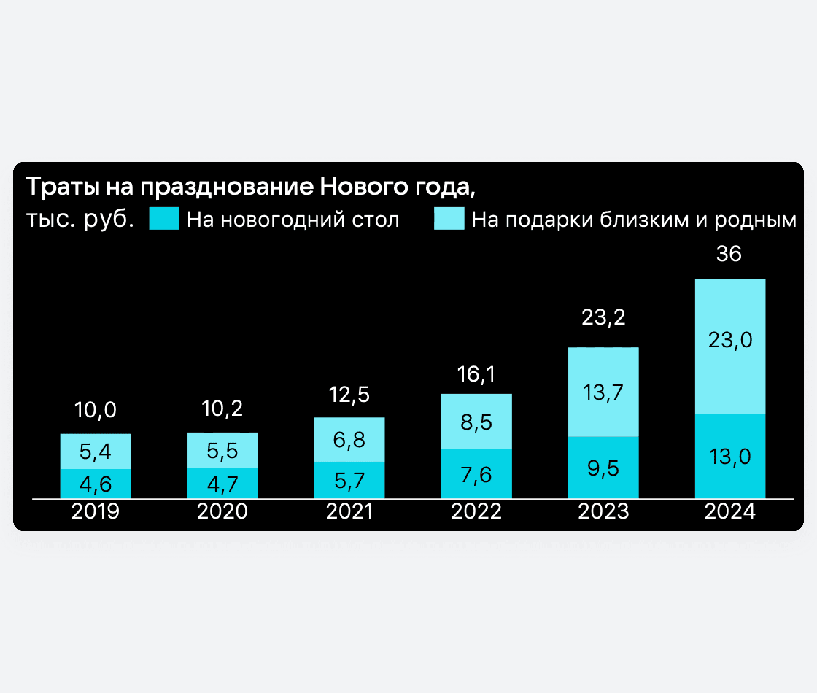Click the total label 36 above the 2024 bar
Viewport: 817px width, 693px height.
coord(729,254)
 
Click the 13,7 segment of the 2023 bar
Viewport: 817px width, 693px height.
coord(603,392)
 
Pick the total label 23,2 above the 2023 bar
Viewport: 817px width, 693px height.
coord(603,317)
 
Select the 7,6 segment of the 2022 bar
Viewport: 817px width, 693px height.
coord(476,474)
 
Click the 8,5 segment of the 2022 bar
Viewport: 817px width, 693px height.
coord(476,422)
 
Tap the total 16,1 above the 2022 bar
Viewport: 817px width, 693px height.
coord(476,374)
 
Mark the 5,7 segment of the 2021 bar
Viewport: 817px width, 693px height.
coord(349,480)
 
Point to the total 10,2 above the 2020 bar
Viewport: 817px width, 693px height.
coord(222,409)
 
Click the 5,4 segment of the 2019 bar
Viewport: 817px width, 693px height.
coord(96,451)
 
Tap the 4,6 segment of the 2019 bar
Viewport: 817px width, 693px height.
coord(96,484)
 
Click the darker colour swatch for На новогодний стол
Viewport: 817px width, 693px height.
coord(164,218)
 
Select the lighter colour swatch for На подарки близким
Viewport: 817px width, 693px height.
coord(449,218)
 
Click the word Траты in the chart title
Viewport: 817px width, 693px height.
coord(63,187)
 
